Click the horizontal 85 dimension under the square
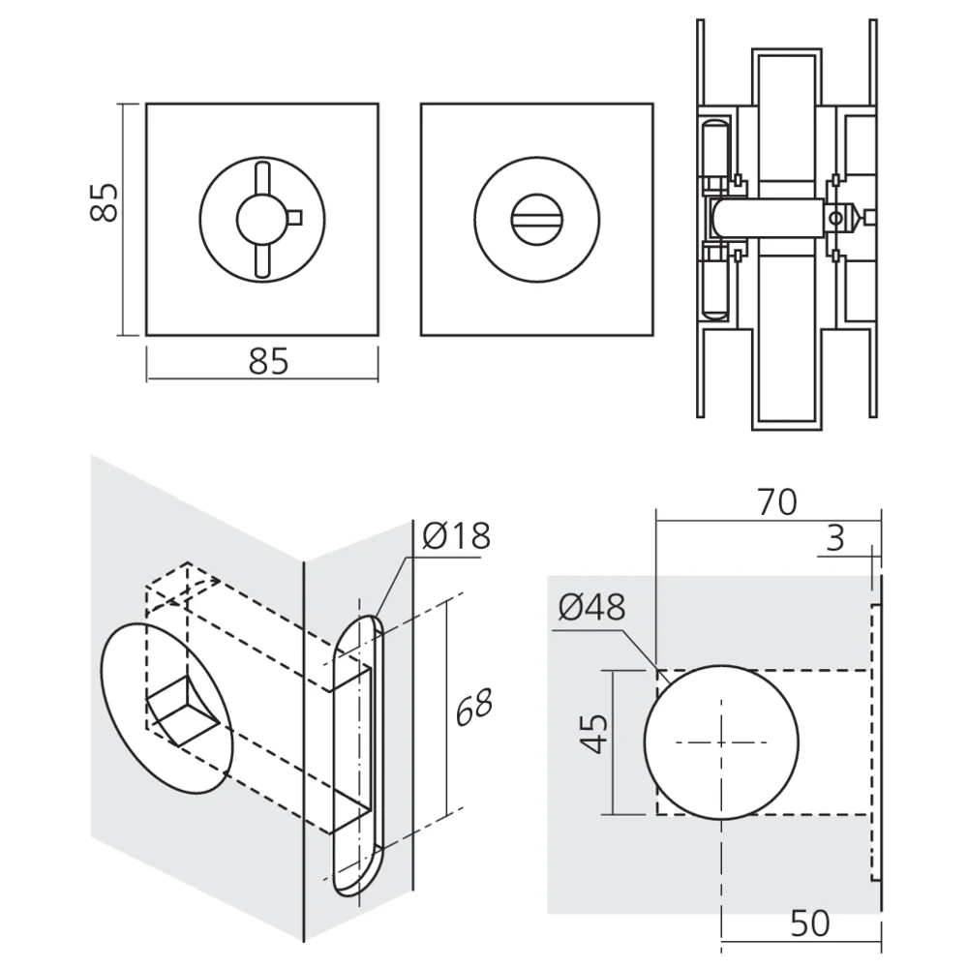[x=268, y=361]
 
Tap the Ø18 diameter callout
[x=457, y=535]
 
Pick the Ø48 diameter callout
[x=591, y=607]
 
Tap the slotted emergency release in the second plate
[x=535, y=220]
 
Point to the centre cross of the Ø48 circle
[x=721, y=742]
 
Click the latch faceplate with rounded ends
[x=358, y=755]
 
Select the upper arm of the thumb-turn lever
[x=261, y=180]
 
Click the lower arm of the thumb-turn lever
[x=261, y=259]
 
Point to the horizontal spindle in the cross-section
[x=765, y=218]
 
